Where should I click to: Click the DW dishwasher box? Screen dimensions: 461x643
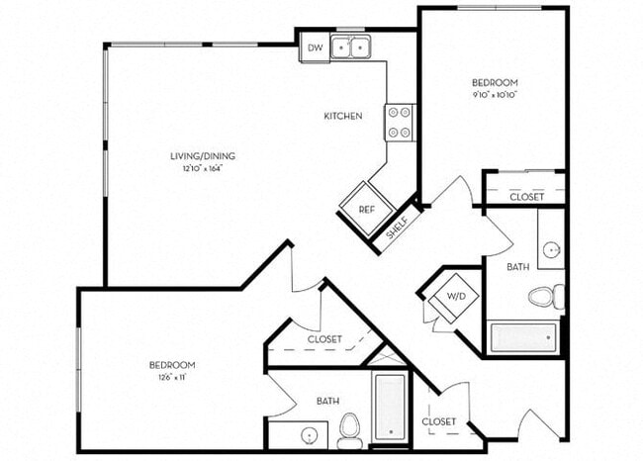click(314, 46)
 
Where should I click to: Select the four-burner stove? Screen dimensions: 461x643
click(400, 122)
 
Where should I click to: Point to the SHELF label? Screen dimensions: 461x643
click(397, 230)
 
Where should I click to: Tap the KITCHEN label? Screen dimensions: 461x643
click(342, 116)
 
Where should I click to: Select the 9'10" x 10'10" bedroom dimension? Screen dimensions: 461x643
click(496, 95)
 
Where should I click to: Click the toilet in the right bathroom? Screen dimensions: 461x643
click(544, 296)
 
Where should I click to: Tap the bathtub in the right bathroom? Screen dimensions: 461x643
click(523, 336)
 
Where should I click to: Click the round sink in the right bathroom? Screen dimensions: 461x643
click(551, 249)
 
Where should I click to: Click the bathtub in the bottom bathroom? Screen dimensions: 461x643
click(390, 407)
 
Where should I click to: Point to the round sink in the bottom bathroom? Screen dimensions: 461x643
click(310, 435)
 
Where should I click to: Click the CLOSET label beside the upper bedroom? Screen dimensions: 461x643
click(526, 197)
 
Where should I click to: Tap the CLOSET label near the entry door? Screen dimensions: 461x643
click(438, 421)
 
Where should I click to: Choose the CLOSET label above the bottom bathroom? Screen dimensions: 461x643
click(324, 339)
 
